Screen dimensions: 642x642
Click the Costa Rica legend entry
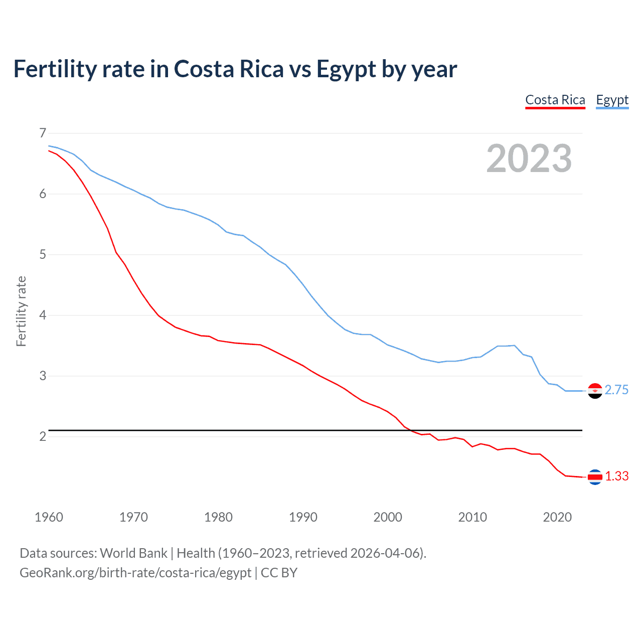tap(555, 100)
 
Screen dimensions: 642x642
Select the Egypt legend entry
tap(612, 100)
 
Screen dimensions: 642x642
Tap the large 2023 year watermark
tap(529, 158)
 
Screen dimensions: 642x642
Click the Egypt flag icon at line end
tap(595, 391)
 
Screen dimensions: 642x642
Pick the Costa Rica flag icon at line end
tap(595, 477)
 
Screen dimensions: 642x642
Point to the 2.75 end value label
tap(616, 390)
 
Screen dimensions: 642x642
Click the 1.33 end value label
tap(616, 476)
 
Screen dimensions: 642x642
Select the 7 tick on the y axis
tap(43, 133)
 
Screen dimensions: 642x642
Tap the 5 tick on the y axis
tap(43, 254)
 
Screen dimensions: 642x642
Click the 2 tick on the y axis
tap(43, 436)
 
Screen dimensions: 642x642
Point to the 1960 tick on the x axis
tap(49, 517)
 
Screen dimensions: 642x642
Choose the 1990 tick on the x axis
tap(303, 517)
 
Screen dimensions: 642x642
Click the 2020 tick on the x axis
tap(557, 517)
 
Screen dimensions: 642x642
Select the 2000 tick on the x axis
tap(388, 517)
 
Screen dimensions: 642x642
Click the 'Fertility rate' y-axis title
tap(21, 311)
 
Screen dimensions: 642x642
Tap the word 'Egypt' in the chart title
tap(346, 69)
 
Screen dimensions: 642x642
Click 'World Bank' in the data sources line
tap(133, 553)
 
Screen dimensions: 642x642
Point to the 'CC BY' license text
tap(279, 573)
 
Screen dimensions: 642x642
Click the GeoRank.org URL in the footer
tap(135, 573)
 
